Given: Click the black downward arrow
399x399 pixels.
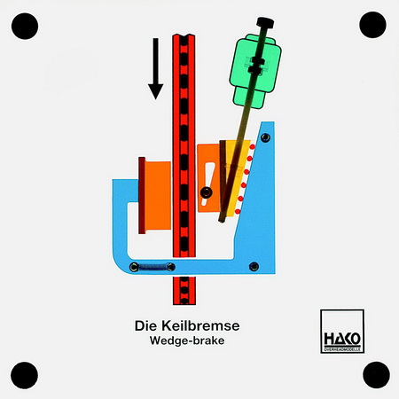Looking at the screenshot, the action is point(155,68).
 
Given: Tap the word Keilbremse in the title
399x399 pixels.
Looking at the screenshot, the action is point(200,325).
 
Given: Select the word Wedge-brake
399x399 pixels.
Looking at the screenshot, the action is point(187,340).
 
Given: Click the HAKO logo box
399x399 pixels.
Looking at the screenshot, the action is point(342,331).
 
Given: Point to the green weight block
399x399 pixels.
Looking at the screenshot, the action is point(255,71).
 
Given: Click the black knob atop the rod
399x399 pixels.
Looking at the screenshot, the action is point(265,23).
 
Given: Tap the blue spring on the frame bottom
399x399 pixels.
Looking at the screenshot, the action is point(153,267).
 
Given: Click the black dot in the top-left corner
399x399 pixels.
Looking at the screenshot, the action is point(25,26).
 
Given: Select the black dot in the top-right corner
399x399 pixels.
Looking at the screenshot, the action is point(372,25).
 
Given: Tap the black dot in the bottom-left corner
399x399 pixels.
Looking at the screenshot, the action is point(24,375).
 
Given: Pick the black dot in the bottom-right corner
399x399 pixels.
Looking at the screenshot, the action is point(376,375).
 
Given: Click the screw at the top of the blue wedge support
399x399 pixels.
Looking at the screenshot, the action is point(265,137).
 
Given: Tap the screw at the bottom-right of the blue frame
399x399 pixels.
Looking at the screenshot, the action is point(254,267).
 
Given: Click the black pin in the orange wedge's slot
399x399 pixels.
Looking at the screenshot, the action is point(206,192).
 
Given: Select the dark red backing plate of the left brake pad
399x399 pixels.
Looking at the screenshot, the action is point(142,195).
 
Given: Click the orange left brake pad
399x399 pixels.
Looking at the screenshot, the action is point(158,195).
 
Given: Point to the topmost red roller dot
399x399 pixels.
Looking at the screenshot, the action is point(252,146).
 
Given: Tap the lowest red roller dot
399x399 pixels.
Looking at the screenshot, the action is point(238,212).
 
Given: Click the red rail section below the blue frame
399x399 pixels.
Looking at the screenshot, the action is point(184,291).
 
